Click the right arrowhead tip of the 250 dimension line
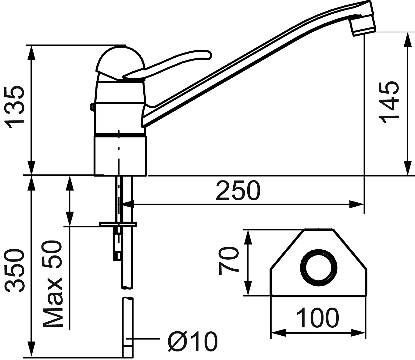pos(364,204)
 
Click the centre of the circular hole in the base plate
pos(318,268)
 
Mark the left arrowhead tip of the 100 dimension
pos(271,333)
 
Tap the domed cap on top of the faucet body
pos(121,63)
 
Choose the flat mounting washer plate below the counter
pos(118,224)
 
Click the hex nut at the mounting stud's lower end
pos(117,256)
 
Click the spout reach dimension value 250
pos(238,191)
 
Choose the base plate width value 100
pos(317,317)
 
